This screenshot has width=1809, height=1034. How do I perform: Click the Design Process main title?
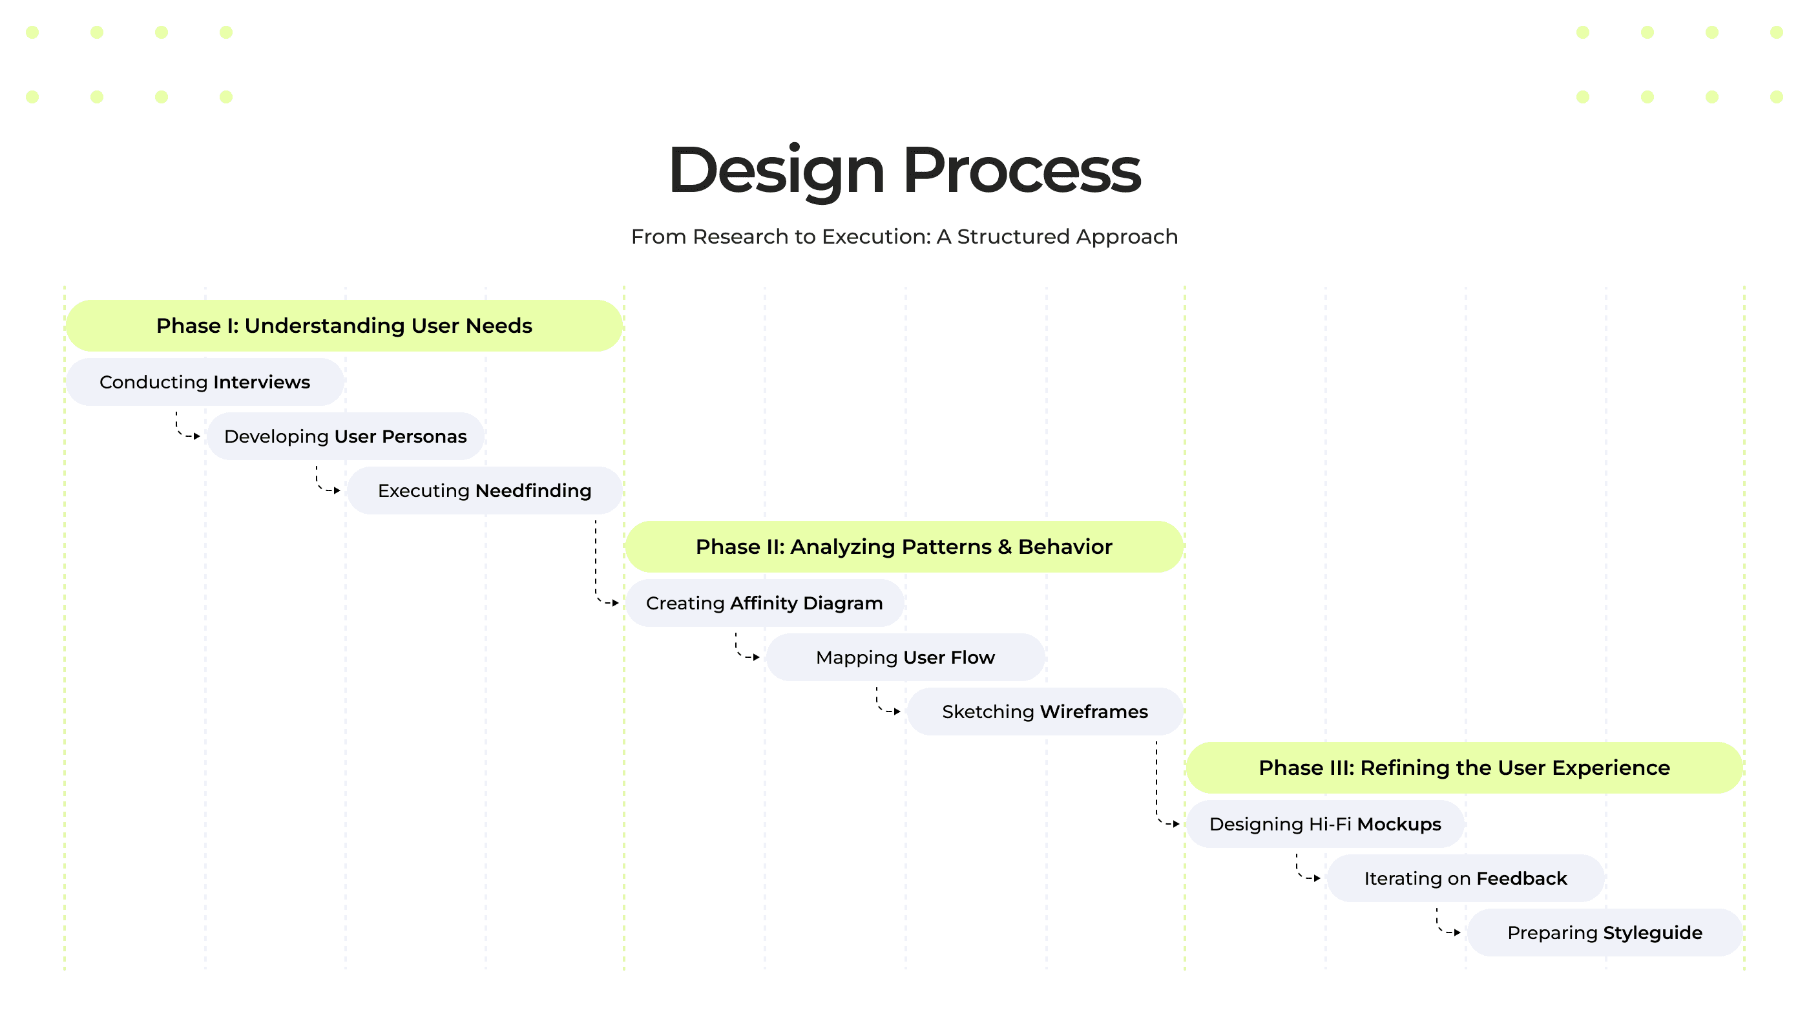point(904,171)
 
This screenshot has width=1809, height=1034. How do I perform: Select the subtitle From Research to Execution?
point(904,237)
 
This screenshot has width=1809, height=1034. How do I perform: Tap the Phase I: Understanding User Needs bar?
point(344,325)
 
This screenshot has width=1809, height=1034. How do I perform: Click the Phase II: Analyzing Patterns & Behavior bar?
point(904,547)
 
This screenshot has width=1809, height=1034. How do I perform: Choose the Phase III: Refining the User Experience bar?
point(1464,768)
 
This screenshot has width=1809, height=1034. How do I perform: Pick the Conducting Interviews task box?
point(205,382)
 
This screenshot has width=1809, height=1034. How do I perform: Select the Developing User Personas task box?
point(346,436)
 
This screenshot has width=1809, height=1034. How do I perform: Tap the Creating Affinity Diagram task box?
point(765,603)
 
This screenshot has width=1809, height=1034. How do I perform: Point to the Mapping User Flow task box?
point(906,658)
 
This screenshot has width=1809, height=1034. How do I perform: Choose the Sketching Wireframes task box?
point(1045,712)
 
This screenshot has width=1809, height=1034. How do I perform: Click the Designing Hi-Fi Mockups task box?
point(1326,824)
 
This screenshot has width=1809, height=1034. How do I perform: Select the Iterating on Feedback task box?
point(1465,878)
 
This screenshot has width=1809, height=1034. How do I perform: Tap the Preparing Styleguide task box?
point(1605,933)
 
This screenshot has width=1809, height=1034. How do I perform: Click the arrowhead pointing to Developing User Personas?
point(197,436)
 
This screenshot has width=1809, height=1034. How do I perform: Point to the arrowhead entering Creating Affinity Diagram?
point(616,603)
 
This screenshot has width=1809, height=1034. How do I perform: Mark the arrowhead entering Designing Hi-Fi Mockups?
point(1176,824)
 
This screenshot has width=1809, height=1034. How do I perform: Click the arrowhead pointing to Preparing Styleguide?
point(1458,933)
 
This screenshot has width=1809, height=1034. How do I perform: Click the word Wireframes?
point(1094,712)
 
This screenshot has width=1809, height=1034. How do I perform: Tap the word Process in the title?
point(1021,171)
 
